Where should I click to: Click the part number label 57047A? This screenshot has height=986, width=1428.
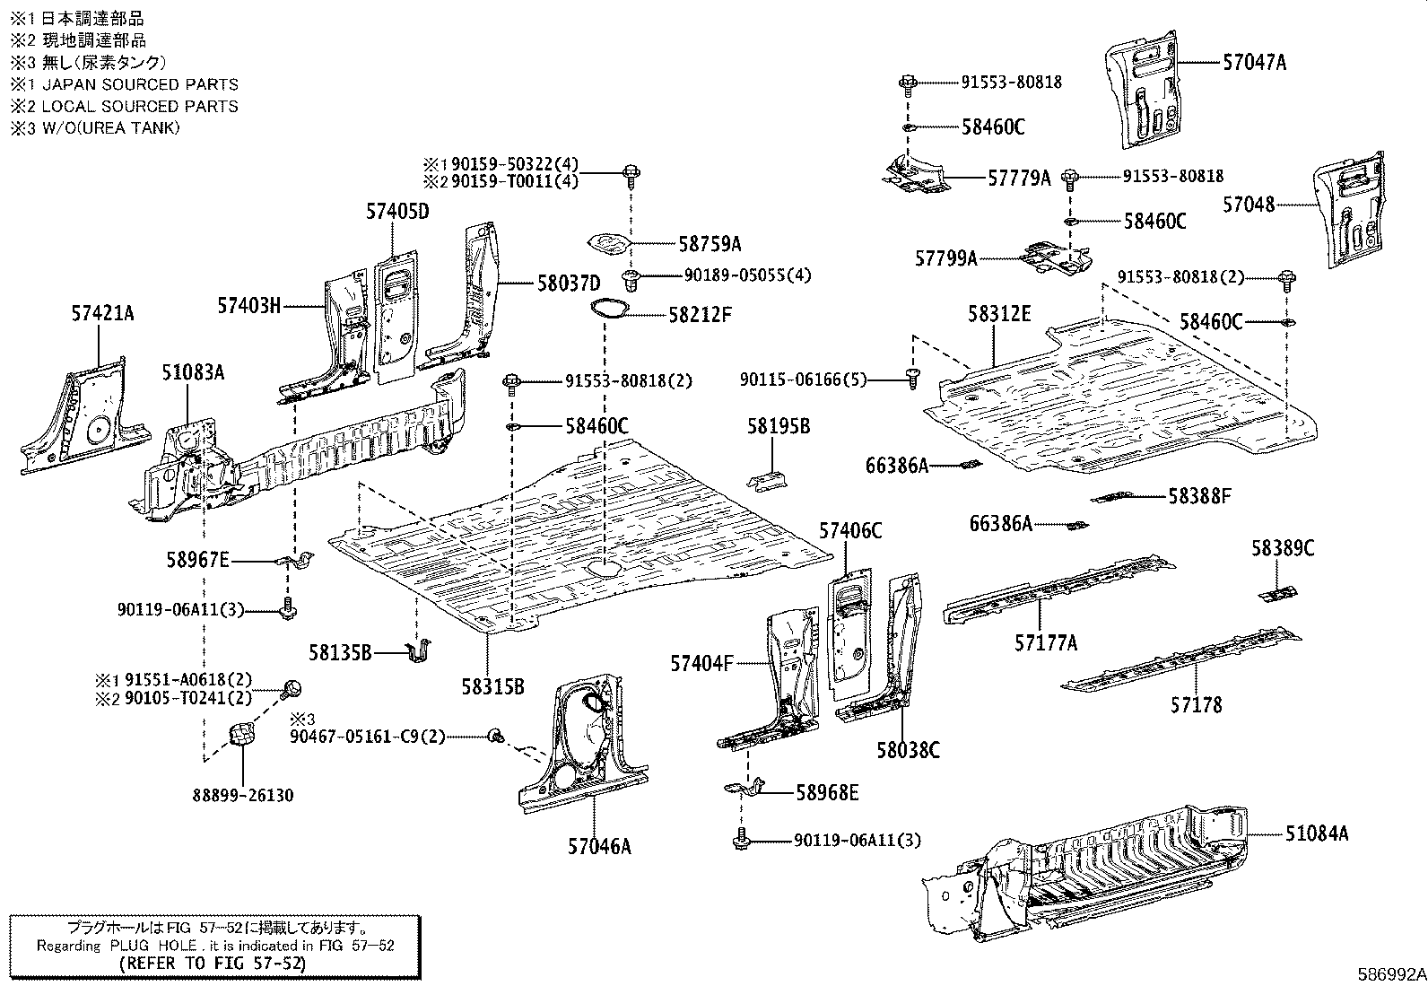(1254, 63)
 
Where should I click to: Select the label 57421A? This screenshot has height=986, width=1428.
(102, 313)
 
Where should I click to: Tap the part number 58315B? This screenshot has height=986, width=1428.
(492, 687)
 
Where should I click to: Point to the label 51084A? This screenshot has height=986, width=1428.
(1316, 833)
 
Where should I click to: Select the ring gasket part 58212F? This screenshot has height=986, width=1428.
(608, 308)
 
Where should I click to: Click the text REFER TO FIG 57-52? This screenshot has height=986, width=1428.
(213, 964)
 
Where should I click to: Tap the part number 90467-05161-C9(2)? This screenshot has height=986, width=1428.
(367, 736)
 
